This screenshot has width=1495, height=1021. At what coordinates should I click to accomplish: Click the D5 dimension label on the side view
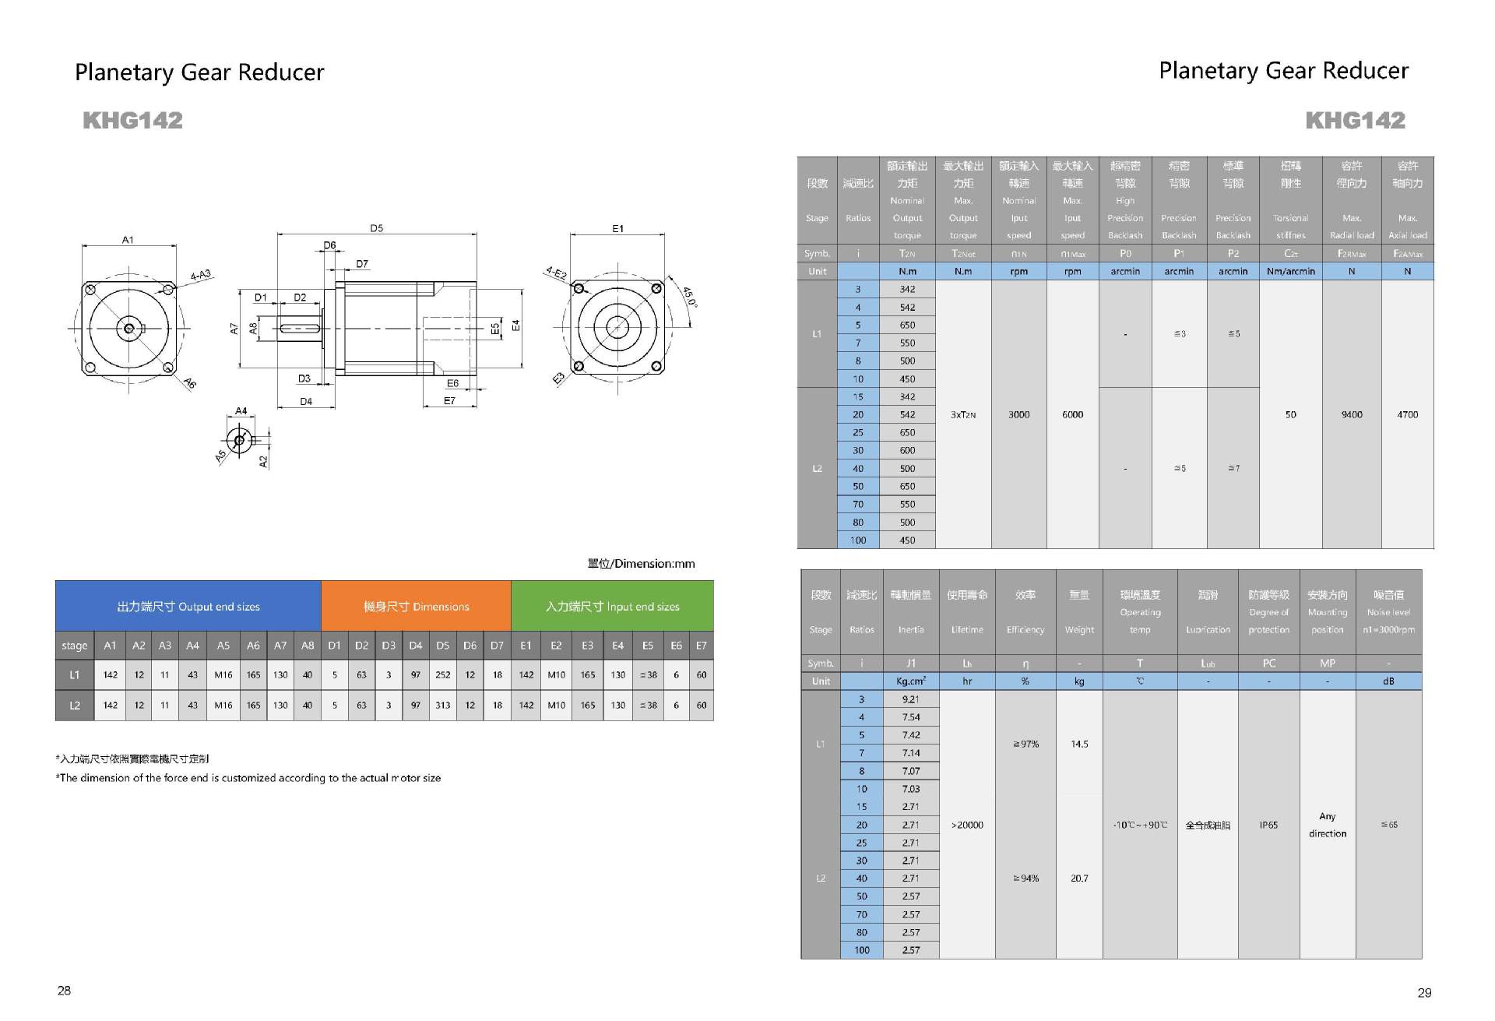click(376, 228)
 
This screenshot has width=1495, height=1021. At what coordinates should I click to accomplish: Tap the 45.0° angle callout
click(689, 297)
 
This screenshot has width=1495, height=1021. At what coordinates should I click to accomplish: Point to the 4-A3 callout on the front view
click(202, 275)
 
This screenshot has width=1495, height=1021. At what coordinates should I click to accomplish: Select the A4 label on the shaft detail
click(241, 410)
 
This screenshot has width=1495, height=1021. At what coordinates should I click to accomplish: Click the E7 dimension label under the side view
click(449, 401)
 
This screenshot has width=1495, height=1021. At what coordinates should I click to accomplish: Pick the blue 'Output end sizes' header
click(188, 607)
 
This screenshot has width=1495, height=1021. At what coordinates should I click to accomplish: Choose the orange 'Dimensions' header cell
click(417, 607)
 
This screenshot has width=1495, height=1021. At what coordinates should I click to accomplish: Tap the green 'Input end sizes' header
click(612, 607)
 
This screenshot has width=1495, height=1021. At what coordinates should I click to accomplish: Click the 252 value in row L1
click(443, 675)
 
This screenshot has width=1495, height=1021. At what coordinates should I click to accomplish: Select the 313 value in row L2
click(443, 706)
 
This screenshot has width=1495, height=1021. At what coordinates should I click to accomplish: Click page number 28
click(64, 991)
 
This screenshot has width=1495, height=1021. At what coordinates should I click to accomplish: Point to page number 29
click(1424, 993)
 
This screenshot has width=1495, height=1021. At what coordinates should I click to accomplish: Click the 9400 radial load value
click(1352, 415)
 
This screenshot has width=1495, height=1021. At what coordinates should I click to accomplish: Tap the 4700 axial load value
click(1408, 415)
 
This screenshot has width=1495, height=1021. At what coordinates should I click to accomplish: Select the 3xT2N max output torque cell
click(963, 415)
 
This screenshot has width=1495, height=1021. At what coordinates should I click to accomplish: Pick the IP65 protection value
click(1268, 825)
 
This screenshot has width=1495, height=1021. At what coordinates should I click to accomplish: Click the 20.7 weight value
click(1079, 878)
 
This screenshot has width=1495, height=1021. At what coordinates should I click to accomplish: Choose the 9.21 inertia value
click(911, 699)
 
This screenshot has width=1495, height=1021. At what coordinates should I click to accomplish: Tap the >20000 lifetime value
click(967, 825)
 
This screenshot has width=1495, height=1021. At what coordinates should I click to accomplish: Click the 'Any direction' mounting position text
click(1328, 825)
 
